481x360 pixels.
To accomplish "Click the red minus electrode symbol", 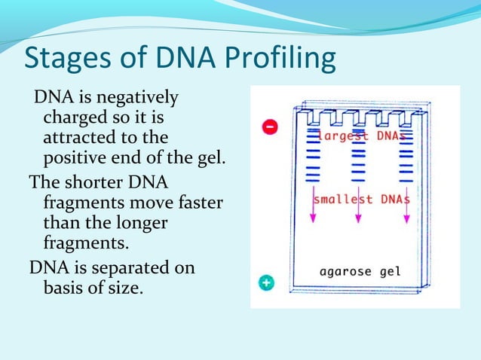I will click(268, 127).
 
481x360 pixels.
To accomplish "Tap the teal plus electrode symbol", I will click(268, 283).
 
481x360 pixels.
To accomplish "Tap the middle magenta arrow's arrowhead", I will click(358, 219).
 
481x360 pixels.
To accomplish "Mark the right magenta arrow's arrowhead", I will click(407, 219).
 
